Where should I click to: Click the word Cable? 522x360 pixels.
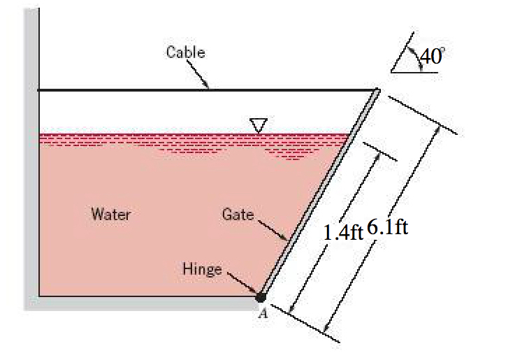pos(185,51)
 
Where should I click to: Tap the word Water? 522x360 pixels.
pos(110,214)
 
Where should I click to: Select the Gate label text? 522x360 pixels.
pos(238,215)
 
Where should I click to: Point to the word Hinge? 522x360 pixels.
pos(201,268)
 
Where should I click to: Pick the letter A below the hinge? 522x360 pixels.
pos(263,314)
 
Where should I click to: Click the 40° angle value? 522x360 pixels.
pos(431,57)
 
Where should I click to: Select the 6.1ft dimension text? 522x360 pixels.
pos(386,228)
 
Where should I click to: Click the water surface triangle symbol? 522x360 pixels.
pos(259,125)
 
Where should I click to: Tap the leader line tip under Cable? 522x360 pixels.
pos(208,88)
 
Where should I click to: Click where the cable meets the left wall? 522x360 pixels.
pos(39,89)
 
